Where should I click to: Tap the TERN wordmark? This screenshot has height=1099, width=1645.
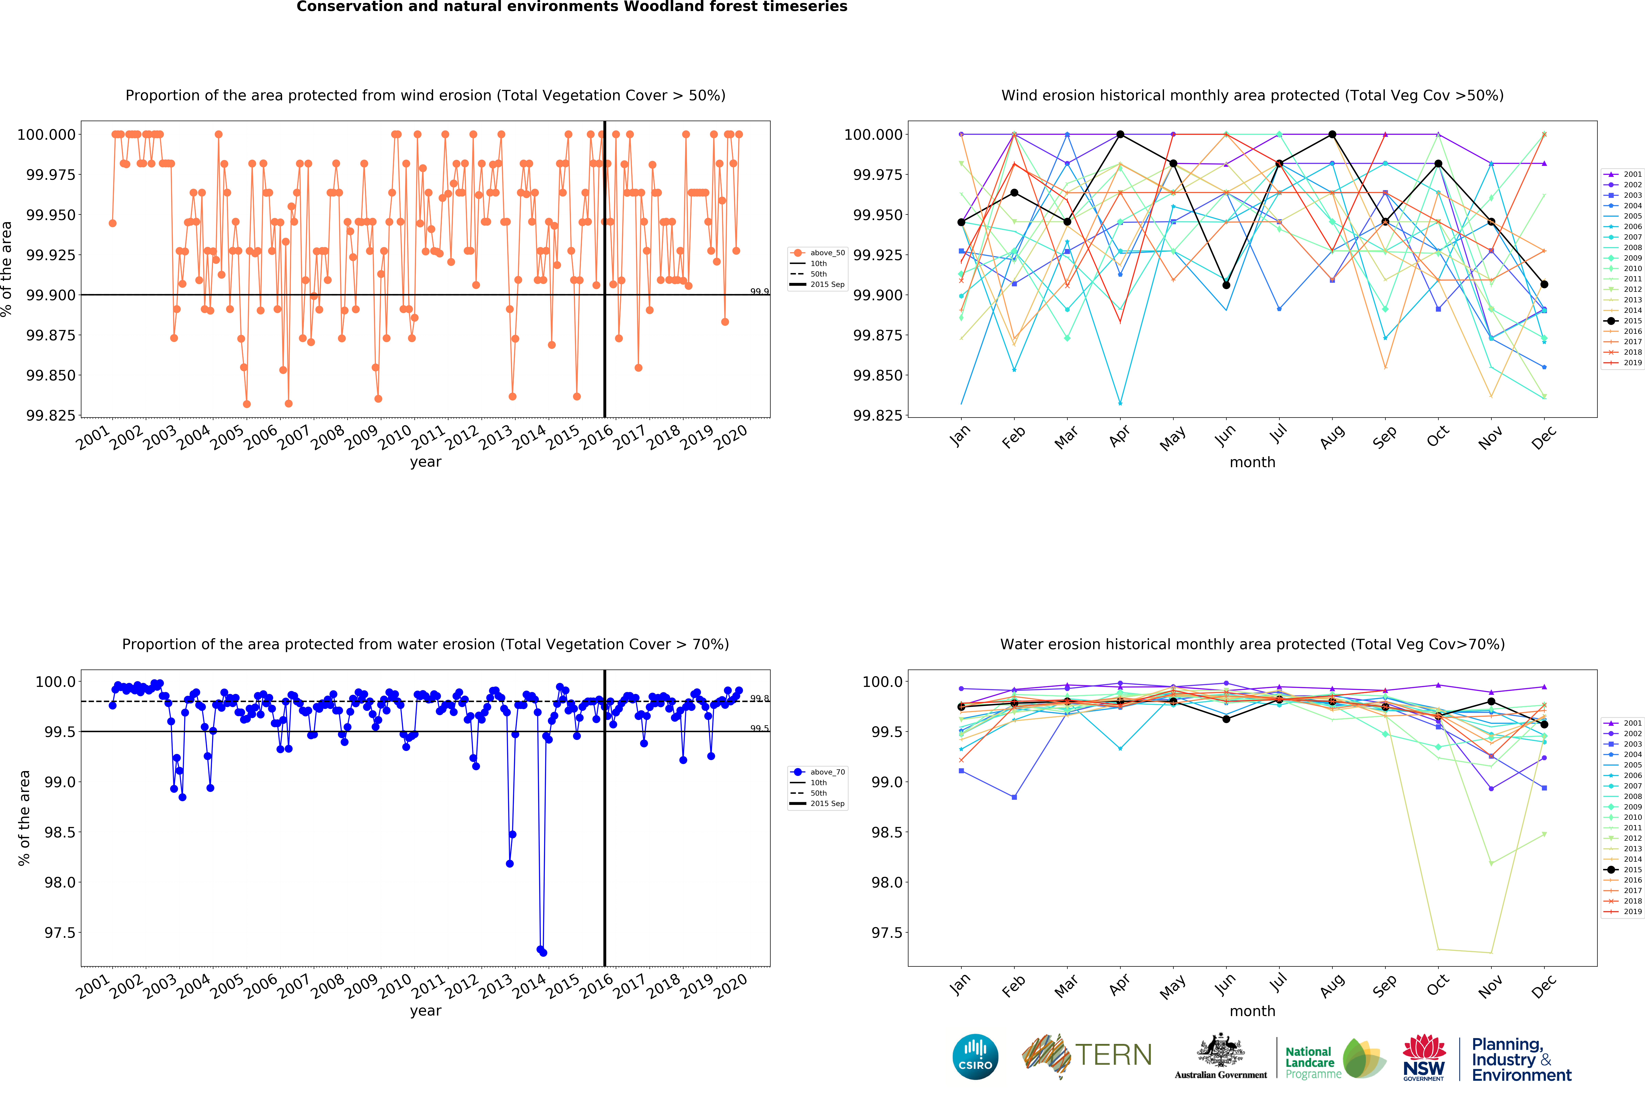coord(1113,1055)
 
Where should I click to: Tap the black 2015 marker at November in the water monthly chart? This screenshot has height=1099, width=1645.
coord(1491,702)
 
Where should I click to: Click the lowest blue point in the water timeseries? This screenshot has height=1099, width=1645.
coord(543,953)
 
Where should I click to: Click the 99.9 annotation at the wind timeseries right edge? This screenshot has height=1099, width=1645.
coord(759,292)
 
